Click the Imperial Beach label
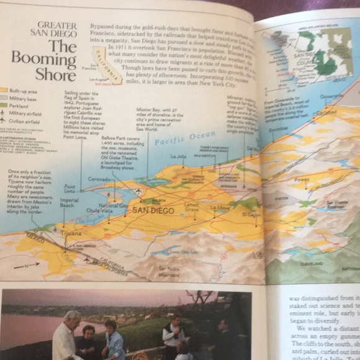[x=69, y=203]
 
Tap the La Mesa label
[x=220, y=207]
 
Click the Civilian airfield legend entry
[x=22, y=120]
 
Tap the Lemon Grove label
[x=191, y=206]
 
